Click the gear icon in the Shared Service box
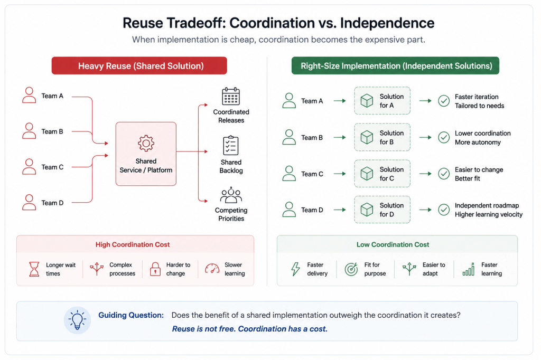coord(146,143)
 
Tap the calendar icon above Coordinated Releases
coord(231,96)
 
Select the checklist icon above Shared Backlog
coord(231,145)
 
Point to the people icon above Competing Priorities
coord(231,195)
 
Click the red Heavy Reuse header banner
coord(139,65)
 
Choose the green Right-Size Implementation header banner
coord(395,65)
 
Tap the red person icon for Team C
coord(30,167)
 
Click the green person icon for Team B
coord(289,137)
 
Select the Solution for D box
coord(383,210)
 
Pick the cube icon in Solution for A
coord(367,101)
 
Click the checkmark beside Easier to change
coord(444,174)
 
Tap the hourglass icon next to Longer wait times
coord(34,269)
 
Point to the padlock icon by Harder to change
coord(155,269)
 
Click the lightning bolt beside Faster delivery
coord(295,269)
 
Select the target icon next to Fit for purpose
coord(351,269)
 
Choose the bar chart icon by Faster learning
coord(469,269)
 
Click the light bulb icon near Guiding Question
coord(77,320)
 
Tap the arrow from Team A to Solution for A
coord(340,101)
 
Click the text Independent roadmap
coord(487,205)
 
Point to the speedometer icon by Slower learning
coord(212,269)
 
